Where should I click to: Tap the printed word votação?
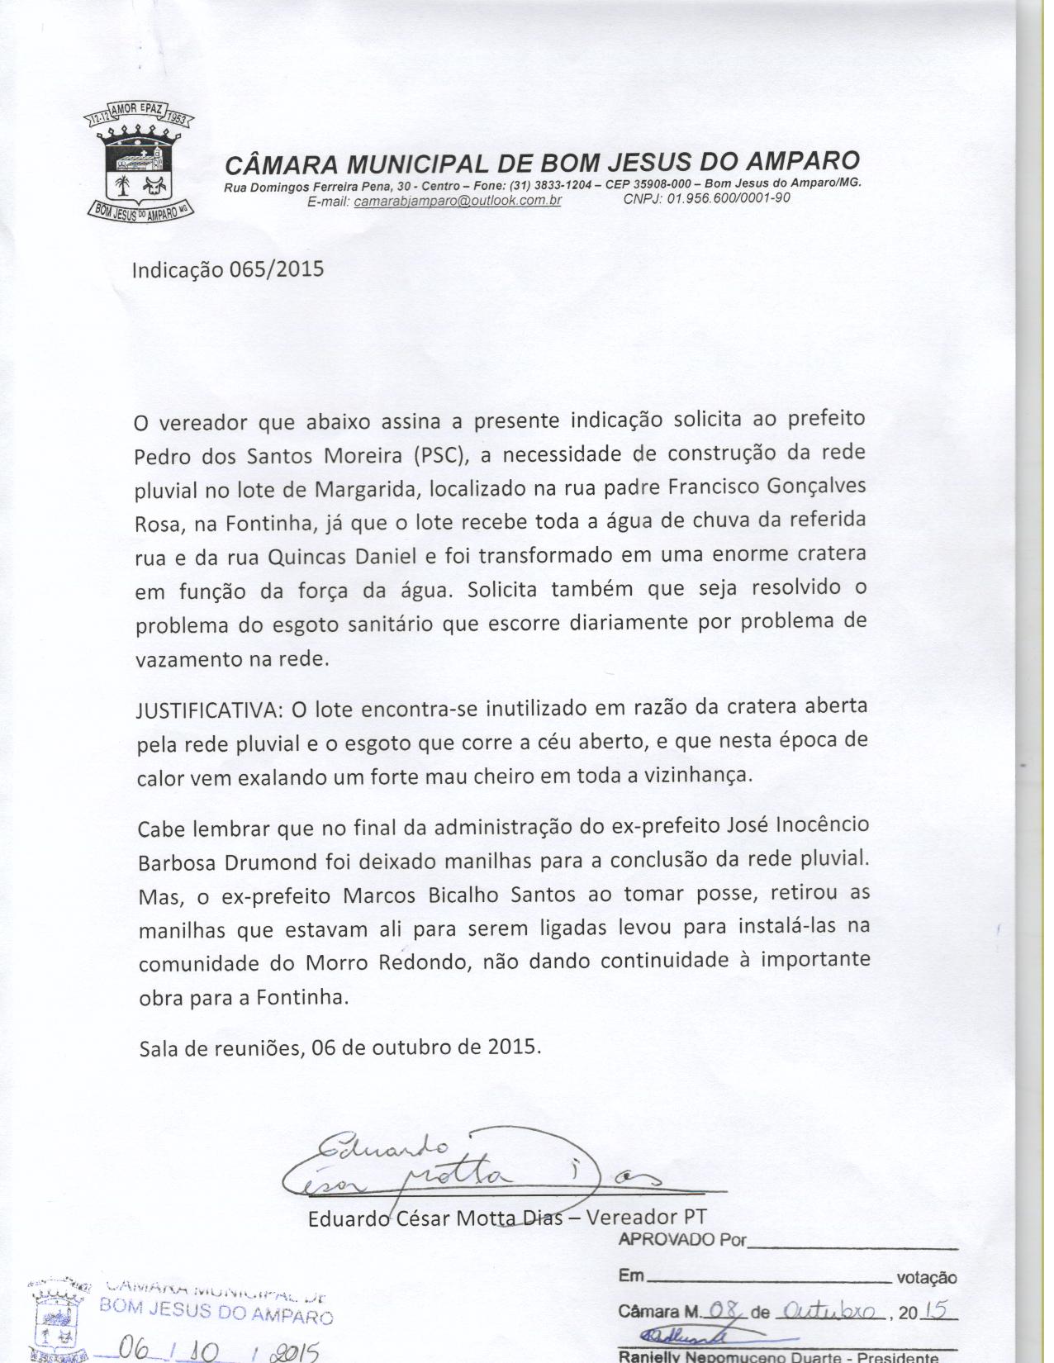tap(926, 1278)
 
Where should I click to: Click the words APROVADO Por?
tap(681, 1240)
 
